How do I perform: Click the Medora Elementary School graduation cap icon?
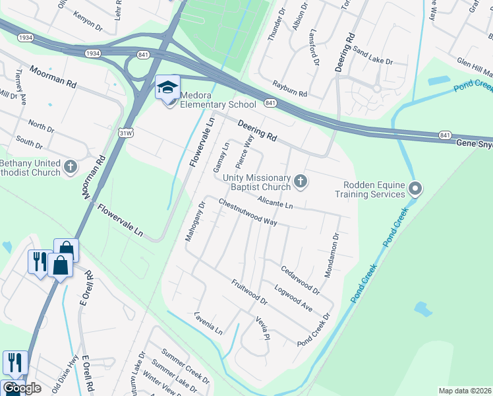pos(167,87)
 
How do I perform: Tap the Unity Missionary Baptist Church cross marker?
pos(301,181)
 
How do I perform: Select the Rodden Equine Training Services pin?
pos(415,189)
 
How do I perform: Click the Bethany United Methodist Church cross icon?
pos(71,168)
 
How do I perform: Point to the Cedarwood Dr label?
pos(300,280)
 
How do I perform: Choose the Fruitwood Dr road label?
pos(249,292)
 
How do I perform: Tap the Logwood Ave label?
pos(293,298)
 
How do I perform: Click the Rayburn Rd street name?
pos(289,89)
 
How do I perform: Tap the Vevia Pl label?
pos(263,327)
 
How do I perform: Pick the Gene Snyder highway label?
pos(473,143)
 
